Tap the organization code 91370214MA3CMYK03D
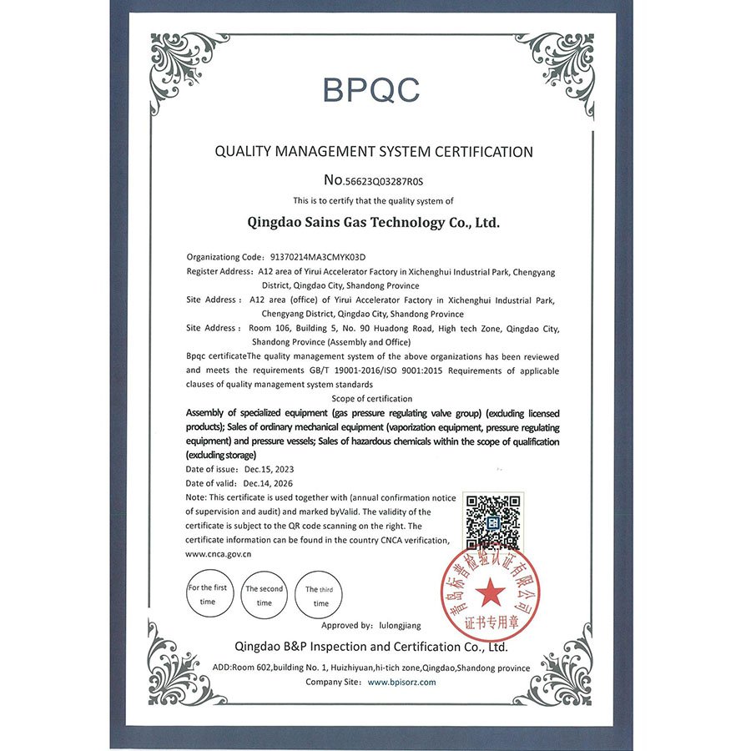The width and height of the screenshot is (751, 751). tap(319, 257)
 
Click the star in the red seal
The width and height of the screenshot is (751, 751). tap(491, 594)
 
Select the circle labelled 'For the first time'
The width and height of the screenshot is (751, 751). tap(208, 594)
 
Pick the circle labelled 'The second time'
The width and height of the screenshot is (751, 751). tap(264, 595)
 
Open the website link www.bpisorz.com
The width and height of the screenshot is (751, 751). tap(402, 682)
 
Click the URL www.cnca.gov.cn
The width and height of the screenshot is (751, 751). tap(219, 553)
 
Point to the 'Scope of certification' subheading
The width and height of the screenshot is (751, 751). tap(372, 399)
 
